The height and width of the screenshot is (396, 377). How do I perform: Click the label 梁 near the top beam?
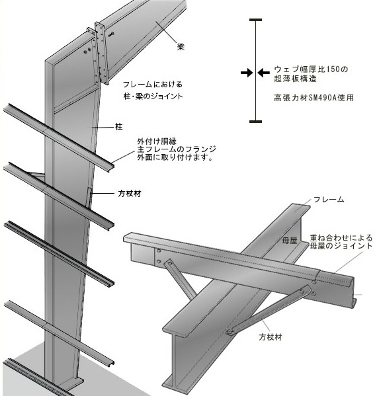click(x=181, y=47)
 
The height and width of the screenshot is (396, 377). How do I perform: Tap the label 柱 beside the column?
click(x=119, y=126)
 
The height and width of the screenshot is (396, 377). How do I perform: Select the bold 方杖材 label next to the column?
click(x=130, y=194)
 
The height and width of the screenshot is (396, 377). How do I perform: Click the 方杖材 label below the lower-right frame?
click(x=270, y=337)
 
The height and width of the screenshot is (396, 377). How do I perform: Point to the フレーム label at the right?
click(x=329, y=200)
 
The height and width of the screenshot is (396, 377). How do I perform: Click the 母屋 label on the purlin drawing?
click(x=290, y=241)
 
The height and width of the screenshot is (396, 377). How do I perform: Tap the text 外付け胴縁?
click(x=157, y=141)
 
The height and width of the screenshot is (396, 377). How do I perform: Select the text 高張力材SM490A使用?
click(x=314, y=98)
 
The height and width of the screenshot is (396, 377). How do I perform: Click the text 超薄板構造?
click(x=295, y=79)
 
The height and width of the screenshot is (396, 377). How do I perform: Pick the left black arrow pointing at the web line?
click(x=247, y=73)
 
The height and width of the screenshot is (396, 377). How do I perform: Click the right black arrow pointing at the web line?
click(x=263, y=73)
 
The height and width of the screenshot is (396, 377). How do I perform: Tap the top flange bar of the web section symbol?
click(x=255, y=20)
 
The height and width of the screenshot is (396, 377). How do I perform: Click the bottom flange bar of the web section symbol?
click(x=255, y=122)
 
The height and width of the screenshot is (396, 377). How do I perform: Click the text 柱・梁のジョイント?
click(x=153, y=97)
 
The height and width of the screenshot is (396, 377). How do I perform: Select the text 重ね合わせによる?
click(x=341, y=238)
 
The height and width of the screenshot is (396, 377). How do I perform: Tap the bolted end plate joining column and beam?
click(x=102, y=53)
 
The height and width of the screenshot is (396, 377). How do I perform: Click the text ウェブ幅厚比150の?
click(x=311, y=69)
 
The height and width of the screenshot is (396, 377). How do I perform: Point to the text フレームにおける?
click(x=153, y=85)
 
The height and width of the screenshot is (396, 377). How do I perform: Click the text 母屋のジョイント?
click(x=341, y=246)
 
